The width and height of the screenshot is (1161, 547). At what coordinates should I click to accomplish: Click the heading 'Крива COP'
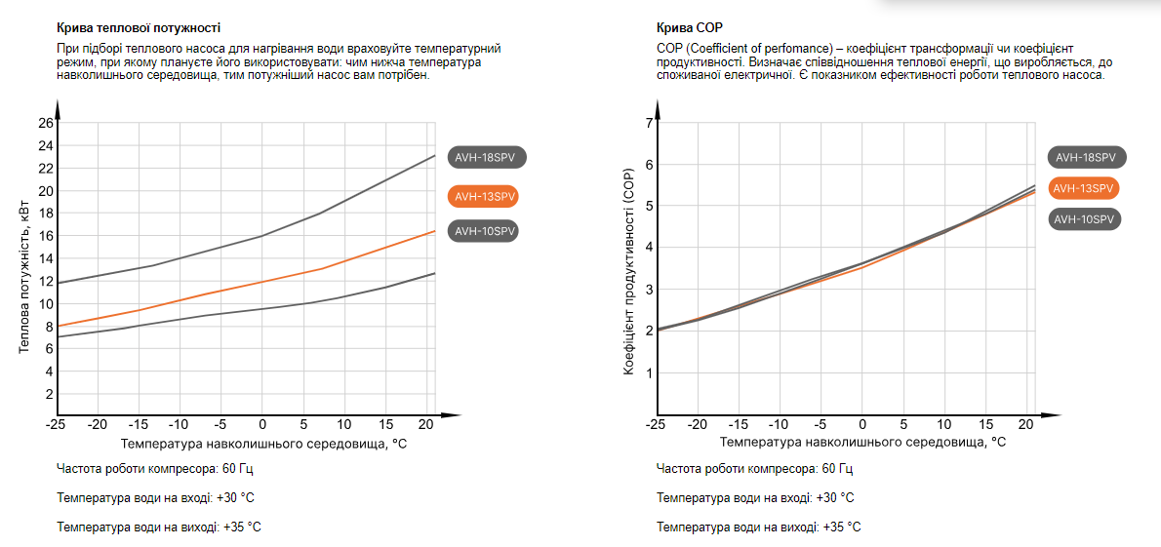(x=690, y=27)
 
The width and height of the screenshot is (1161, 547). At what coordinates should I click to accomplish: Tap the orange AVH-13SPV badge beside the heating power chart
(x=483, y=196)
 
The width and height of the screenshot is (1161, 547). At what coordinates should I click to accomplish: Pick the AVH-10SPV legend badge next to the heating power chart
(x=483, y=231)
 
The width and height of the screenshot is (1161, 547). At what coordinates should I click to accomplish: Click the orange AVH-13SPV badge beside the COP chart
(x=1083, y=188)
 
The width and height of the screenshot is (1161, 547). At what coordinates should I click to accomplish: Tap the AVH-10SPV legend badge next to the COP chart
(x=1085, y=219)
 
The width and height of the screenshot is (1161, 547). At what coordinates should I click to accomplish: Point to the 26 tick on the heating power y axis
(x=46, y=123)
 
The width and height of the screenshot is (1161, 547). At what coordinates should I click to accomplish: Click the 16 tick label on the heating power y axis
(x=46, y=236)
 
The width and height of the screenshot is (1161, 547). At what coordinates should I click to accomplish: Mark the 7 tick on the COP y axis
(x=648, y=123)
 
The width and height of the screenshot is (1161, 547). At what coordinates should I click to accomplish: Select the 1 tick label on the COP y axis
(x=648, y=372)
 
